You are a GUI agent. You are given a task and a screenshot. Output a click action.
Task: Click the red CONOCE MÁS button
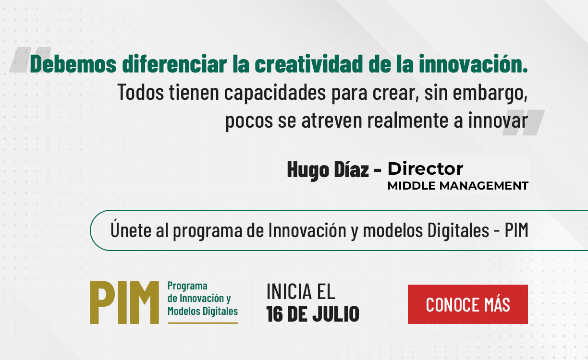coord(467,304)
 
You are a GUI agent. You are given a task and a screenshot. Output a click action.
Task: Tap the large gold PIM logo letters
coord(124,302)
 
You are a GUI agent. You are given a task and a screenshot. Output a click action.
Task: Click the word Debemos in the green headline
coord(73,64)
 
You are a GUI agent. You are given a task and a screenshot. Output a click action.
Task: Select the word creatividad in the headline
coord(309,64)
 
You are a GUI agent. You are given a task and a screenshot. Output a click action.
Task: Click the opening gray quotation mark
coord(29,60)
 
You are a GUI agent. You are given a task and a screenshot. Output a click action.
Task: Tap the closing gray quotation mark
coord(524,122)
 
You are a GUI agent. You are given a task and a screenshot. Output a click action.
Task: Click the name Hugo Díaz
coord(328,169)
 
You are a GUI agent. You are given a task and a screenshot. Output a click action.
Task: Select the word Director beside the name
coord(425,168)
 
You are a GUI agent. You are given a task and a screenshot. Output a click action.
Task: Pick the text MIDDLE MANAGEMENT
coord(458,186)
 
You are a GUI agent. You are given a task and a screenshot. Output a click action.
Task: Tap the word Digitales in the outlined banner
coord(458,230)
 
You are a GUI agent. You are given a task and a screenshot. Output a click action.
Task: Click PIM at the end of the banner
coord(516,230)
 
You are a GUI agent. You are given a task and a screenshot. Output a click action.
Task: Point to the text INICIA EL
coord(301,291)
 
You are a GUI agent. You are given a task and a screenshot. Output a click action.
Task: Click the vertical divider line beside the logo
coord(252,302)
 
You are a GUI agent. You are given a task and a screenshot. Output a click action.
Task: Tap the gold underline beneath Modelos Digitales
coord(203,323)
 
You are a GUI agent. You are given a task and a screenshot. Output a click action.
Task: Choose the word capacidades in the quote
coord(275,92)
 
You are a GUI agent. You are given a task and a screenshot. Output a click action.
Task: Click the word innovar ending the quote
coord(498,120)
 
